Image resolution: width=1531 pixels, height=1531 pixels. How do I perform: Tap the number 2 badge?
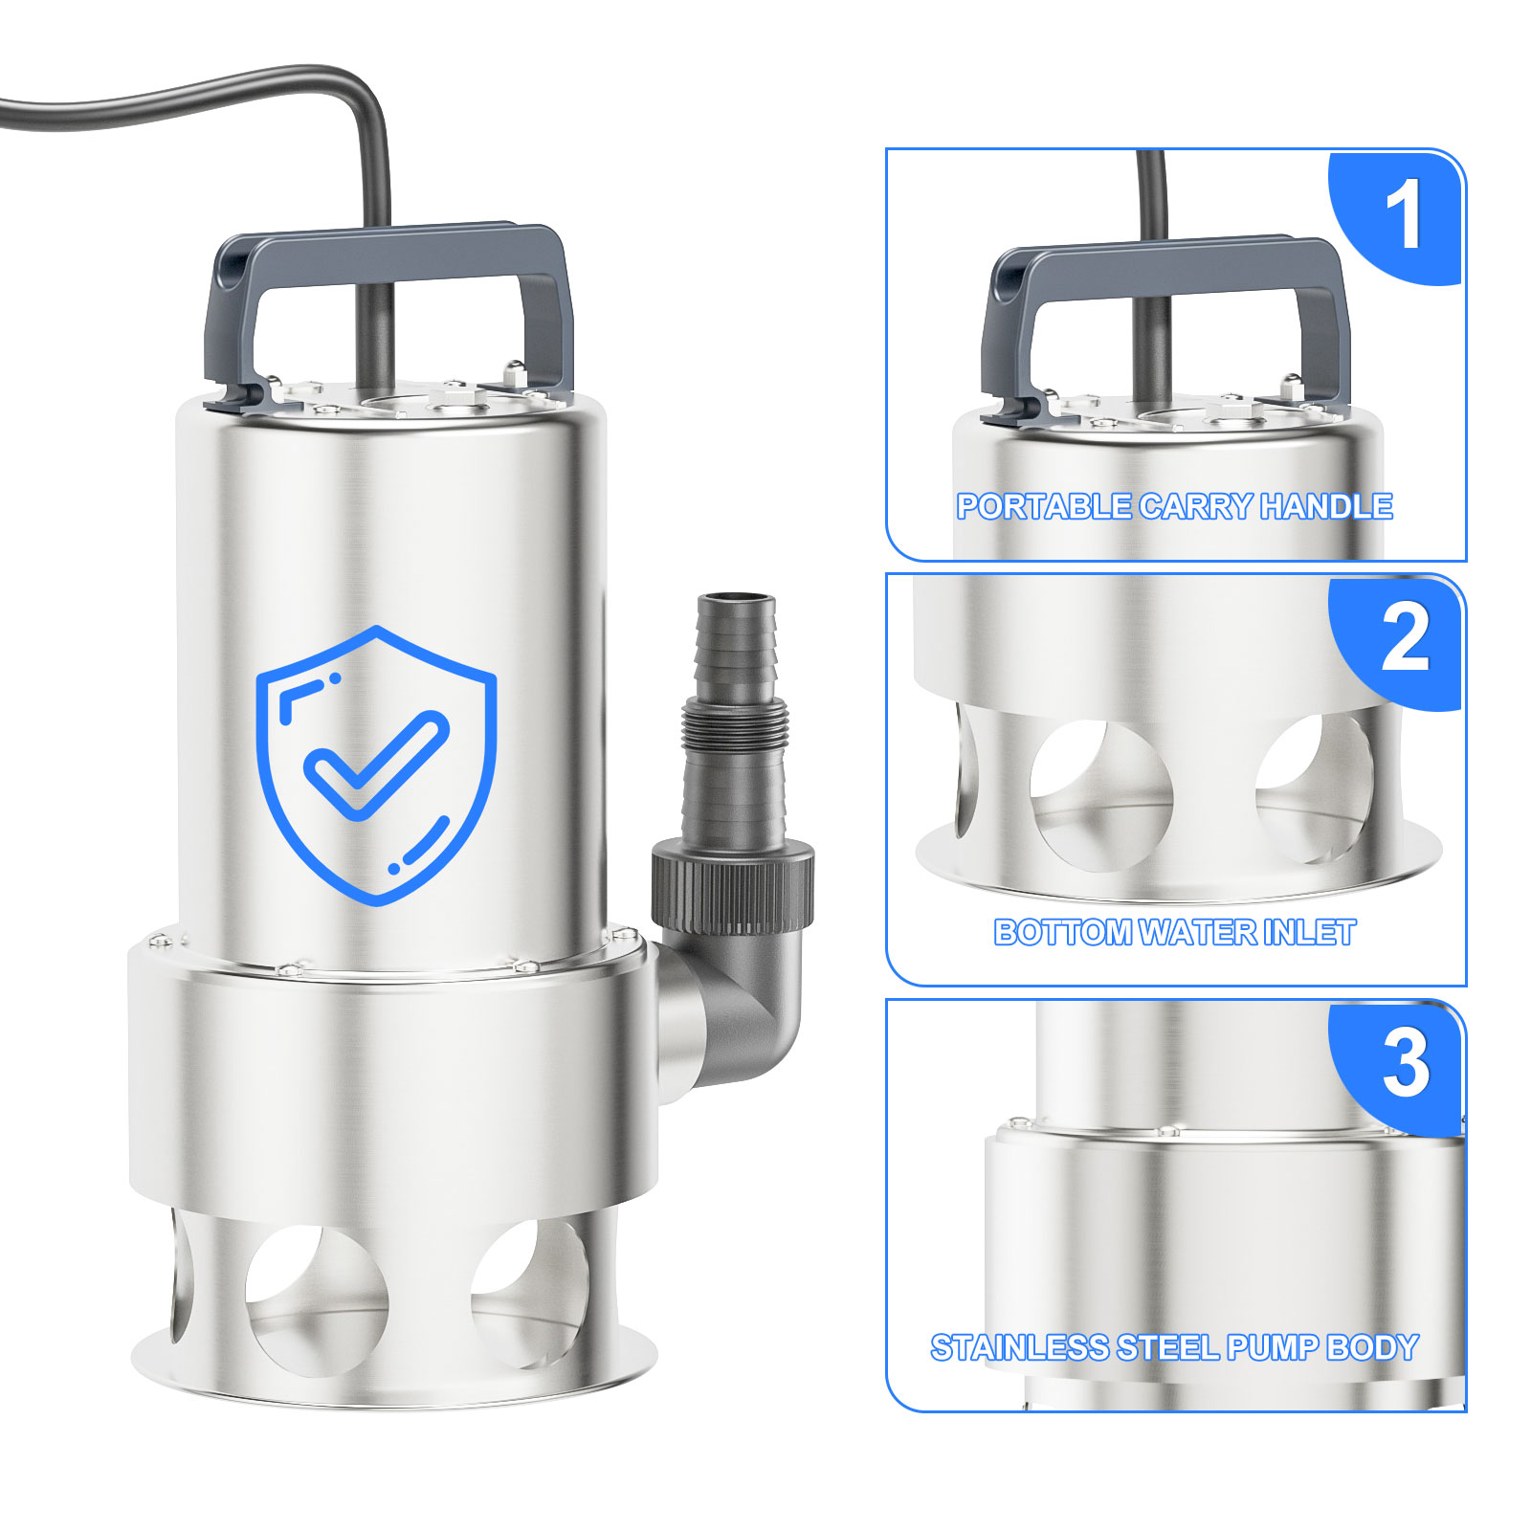click(1399, 642)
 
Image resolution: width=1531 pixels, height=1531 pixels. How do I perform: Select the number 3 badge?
click(1399, 1067)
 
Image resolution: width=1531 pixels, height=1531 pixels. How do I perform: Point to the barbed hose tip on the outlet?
click(735, 646)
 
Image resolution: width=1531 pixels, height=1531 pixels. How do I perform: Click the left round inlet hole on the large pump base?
click(317, 1299)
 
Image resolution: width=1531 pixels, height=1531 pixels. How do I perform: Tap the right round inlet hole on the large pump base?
click(532, 1292)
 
